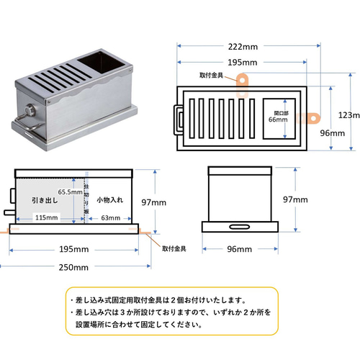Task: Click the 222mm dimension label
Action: coord(243,47)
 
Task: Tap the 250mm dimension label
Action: coord(73,267)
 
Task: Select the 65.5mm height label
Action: coord(70,192)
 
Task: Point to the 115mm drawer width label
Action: coord(47,217)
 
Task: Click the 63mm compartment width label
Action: coord(111,218)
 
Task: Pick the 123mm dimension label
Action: coord(349,115)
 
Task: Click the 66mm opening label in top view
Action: coord(278,120)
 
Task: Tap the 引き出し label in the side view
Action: coord(45,200)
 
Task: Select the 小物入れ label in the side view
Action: coord(110,199)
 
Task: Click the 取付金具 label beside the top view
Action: coord(211,76)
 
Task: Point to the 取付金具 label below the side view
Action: coord(174,248)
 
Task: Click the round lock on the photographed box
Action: coord(30,110)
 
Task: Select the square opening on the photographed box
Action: coord(101,62)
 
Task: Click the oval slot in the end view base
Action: coord(239,227)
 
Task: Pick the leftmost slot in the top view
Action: coord(192,119)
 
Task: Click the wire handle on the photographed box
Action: coord(29,122)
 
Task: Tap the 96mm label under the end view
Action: coord(240,249)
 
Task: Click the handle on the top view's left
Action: coord(179,120)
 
